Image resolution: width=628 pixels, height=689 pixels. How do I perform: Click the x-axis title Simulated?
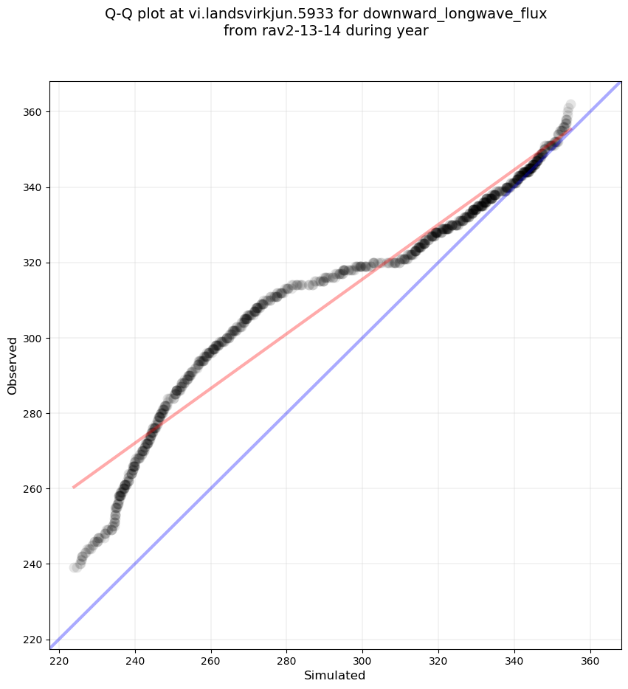pyautogui.click(x=335, y=675)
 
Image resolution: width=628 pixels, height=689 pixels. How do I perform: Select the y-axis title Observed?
pyautogui.click(x=13, y=366)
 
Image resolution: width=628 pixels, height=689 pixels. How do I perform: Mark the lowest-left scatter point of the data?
pyautogui.click(x=75, y=567)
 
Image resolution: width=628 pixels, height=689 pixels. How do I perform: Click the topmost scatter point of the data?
pyautogui.click(x=570, y=105)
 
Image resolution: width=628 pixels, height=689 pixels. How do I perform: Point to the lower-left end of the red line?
pyautogui.click(x=73, y=487)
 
